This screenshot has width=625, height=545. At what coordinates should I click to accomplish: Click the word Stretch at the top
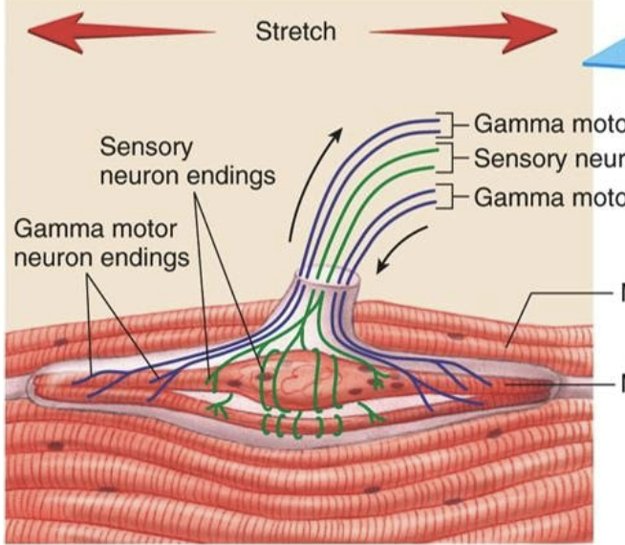point(295,31)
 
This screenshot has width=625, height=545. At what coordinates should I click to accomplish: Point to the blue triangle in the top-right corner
point(606,62)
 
